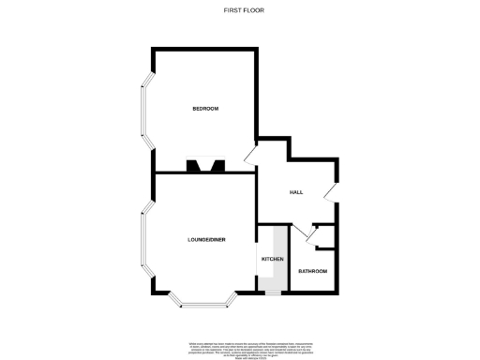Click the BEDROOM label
coord(205,109)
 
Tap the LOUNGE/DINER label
coord(204,240)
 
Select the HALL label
coord(296,191)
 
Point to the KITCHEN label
coord(272,258)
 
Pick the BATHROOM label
coord(312,271)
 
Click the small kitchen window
coord(272,293)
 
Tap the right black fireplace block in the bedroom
coord(218,168)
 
